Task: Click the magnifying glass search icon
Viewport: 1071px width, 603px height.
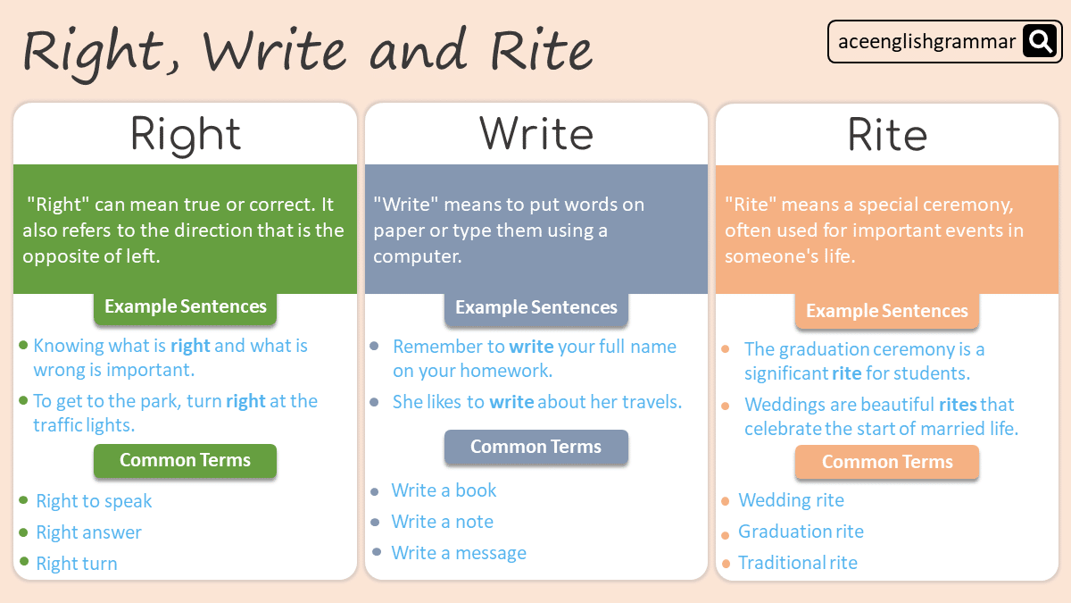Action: [x=1040, y=41]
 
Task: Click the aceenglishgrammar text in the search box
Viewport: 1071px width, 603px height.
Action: [x=926, y=42]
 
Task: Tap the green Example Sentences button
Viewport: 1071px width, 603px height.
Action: [x=185, y=306]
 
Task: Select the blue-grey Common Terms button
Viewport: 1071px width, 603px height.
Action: [x=536, y=447]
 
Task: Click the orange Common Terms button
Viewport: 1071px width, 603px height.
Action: [x=887, y=462]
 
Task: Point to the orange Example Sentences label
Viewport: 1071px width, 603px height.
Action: [x=887, y=311]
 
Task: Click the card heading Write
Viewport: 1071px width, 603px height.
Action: [x=536, y=134]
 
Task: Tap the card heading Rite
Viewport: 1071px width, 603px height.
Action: [x=887, y=135]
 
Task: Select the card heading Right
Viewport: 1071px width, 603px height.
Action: [x=185, y=136]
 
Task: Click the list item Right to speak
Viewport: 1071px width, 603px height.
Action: [x=94, y=501]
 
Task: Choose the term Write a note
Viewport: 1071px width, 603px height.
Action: [x=443, y=522]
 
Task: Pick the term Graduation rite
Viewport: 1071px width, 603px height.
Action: [x=801, y=532]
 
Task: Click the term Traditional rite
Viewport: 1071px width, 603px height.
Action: [x=798, y=563]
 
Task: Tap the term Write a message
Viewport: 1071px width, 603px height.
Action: [x=459, y=553]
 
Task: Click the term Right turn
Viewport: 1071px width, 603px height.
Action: [x=77, y=564]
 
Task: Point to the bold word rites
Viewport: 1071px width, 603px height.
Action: [x=959, y=405]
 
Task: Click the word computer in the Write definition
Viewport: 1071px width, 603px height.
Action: [x=417, y=257]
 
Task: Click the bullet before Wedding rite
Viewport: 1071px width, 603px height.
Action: [x=726, y=501]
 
